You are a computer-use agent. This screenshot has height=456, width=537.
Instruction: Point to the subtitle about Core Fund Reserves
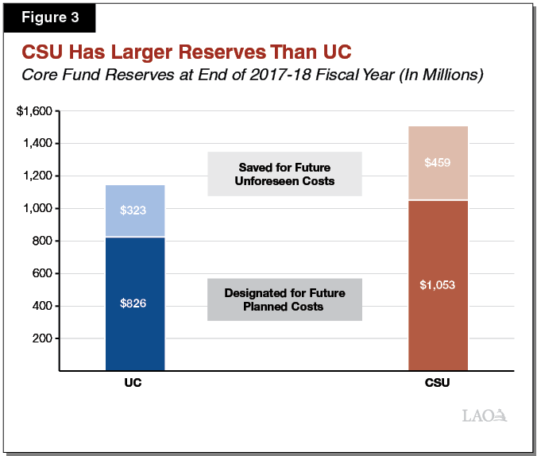click(252, 75)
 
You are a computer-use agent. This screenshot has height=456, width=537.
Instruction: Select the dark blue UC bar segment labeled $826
click(135, 303)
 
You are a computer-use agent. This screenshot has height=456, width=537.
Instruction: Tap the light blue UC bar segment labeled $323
click(135, 211)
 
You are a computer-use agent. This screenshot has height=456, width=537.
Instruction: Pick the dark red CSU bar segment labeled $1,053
click(438, 284)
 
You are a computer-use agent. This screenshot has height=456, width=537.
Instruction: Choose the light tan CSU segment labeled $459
click(438, 163)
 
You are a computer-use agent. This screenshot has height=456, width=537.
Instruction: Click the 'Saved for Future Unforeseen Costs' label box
click(284, 174)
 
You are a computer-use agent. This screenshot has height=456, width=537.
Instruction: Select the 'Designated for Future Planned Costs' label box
click(284, 299)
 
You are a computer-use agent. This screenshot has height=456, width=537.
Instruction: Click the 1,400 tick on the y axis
click(37, 144)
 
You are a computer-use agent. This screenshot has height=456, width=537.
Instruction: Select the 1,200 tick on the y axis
click(37, 176)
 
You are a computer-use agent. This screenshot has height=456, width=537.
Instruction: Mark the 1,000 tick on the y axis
click(37, 209)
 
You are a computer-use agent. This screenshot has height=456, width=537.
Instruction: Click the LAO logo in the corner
click(484, 415)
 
